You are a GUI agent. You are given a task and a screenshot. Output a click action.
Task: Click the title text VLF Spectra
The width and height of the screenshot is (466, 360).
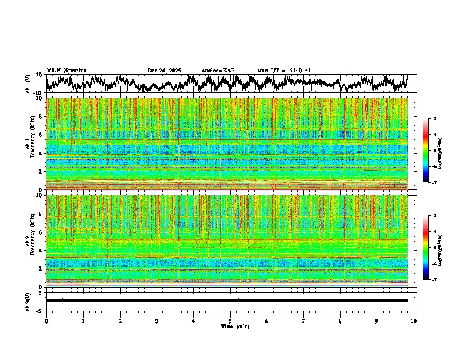click(x=66, y=70)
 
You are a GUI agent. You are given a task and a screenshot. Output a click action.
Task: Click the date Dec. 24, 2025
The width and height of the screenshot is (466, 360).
click(x=164, y=71)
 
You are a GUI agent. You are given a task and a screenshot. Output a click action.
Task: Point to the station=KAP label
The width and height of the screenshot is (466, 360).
click(x=218, y=71)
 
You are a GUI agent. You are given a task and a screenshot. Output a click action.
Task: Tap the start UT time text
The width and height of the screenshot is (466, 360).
click(x=284, y=71)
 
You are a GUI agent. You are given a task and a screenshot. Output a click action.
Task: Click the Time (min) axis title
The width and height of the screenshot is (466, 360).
click(x=235, y=326)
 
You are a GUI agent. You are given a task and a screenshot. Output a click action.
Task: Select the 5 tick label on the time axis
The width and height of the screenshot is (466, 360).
click(x=230, y=321)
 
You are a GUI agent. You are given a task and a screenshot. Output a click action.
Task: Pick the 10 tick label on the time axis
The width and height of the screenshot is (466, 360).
click(x=414, y=321)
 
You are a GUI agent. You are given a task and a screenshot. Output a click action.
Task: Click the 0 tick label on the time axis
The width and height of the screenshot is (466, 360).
click(x=46, y=321)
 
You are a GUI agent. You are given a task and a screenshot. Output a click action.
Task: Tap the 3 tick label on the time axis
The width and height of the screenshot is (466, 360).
click(x=157, y=321)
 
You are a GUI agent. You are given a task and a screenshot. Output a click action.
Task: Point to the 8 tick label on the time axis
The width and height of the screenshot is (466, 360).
click(x=340, y=321)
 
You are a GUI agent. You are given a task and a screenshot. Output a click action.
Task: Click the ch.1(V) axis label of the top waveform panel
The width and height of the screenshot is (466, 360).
click(x=28, y=84)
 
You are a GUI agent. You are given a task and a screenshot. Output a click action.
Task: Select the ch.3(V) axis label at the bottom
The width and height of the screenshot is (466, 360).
click(x=28, y=301)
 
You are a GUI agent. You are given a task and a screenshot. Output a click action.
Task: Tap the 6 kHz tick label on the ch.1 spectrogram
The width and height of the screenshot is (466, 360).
click(x=41, y=135)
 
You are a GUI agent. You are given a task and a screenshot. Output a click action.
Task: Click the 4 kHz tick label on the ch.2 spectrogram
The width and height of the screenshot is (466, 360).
click(x=41, y=250)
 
